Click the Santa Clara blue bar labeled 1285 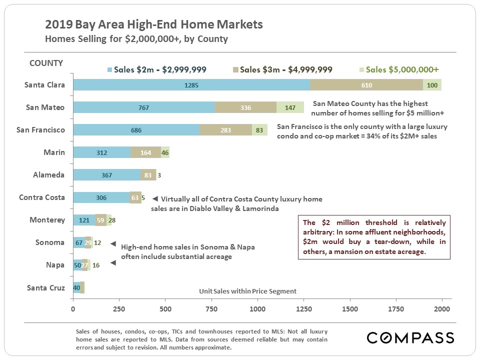coord(191,85)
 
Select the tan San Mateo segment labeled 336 coord(245,107)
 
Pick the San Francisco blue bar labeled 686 coord(136,130)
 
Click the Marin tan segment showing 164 coord(145,152)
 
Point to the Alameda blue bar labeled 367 coord(106,175)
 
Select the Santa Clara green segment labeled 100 coord(432,85)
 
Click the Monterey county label coord(47,220)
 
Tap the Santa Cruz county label coord(45,287)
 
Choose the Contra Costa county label coord(42,197)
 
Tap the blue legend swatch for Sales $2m coord(110,70)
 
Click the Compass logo coord(410,337)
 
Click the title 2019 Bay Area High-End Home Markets coord(153,24)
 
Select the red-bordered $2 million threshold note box coord(374,237)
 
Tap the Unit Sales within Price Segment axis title coord(247,291)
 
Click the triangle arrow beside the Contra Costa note coord(154,198)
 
